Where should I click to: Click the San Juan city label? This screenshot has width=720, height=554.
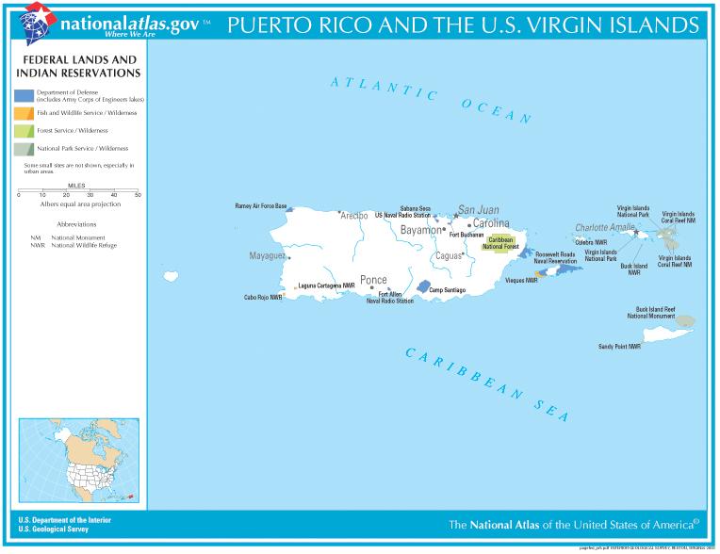tap(478, 209)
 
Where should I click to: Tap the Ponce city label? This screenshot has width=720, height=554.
tap(373, 280)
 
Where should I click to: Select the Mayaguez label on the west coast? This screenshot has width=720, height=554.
tap(267, 255)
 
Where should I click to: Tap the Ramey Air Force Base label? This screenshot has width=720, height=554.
tap(261, 205)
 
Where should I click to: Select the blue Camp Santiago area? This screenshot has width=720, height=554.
tap(424, 286)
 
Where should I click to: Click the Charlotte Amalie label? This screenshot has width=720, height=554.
tap(605, 228)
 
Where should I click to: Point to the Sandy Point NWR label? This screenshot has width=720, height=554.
tap(619, 346)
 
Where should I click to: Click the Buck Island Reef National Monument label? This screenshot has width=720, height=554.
tap(655, 313)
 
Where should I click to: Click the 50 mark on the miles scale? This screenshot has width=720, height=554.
tap(139, 195)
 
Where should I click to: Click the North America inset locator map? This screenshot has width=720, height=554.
tap(79, 460)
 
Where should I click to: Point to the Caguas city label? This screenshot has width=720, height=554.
tap(449, 256)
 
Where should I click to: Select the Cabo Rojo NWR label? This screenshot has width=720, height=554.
tap(263, 297)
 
